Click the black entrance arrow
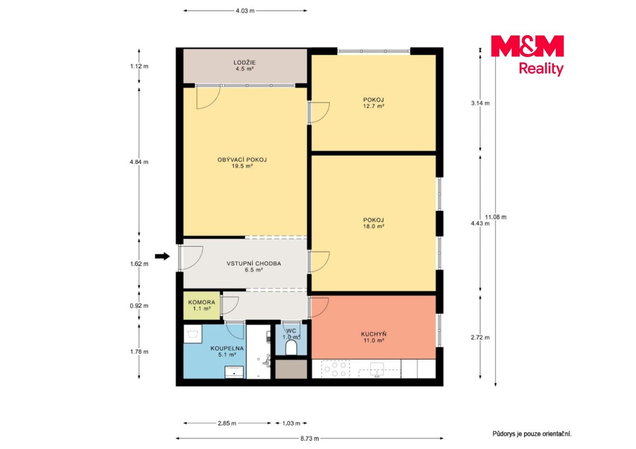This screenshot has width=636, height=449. [x=162, y=256]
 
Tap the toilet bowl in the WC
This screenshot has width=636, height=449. [x=291, y=348]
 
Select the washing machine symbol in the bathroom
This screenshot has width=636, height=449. [x=193, y=334]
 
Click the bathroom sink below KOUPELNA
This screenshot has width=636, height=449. [x=234, y=372]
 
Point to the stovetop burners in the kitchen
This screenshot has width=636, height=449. [x=335, y=369]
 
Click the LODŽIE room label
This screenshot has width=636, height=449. [x=244, y=62]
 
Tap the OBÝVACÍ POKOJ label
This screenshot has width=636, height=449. [x=242, y=160]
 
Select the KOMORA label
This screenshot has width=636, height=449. [x=202, y=302]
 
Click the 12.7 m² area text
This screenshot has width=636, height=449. [x=373, y=106]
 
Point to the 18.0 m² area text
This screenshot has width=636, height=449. [x=373, y=226]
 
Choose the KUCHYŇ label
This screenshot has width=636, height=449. [x=373, y=334]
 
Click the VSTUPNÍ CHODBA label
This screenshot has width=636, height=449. [x=254, y=263]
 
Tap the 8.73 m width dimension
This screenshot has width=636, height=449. [x=310, y=438]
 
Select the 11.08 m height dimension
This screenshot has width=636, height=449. [x=496, y=217]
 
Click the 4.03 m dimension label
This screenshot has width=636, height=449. [x=245, y=11]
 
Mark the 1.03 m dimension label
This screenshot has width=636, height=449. [x=291, y=423]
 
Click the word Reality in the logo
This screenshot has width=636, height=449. [x=541, y=69]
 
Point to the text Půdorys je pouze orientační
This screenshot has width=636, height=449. [x=532, y=434]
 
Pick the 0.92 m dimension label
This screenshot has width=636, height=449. [x=139, y=306]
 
